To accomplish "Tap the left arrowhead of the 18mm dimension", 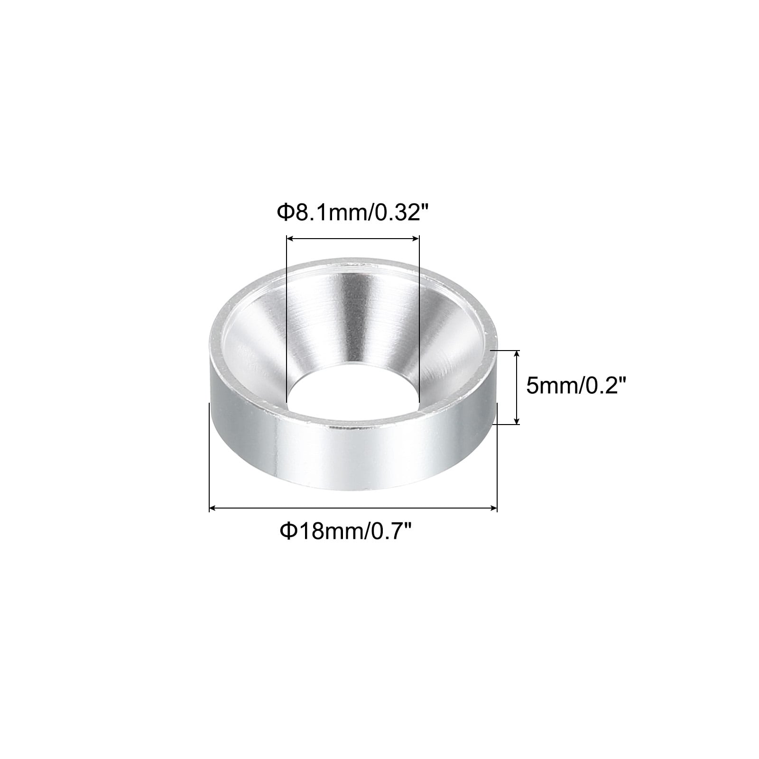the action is (x=214, y=509).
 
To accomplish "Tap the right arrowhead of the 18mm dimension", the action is (x=492, y=509).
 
